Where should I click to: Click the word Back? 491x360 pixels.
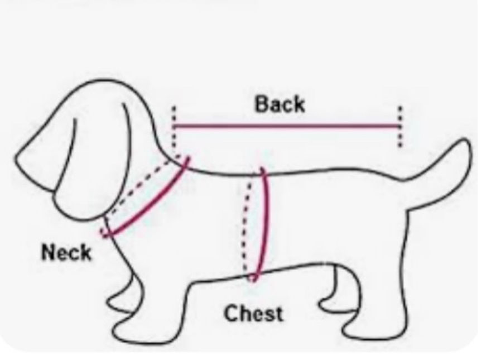point(280,104)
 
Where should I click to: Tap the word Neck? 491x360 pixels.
point(66,252)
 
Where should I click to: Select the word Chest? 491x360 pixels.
point(254,314)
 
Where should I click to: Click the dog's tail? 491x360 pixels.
point(446,162)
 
